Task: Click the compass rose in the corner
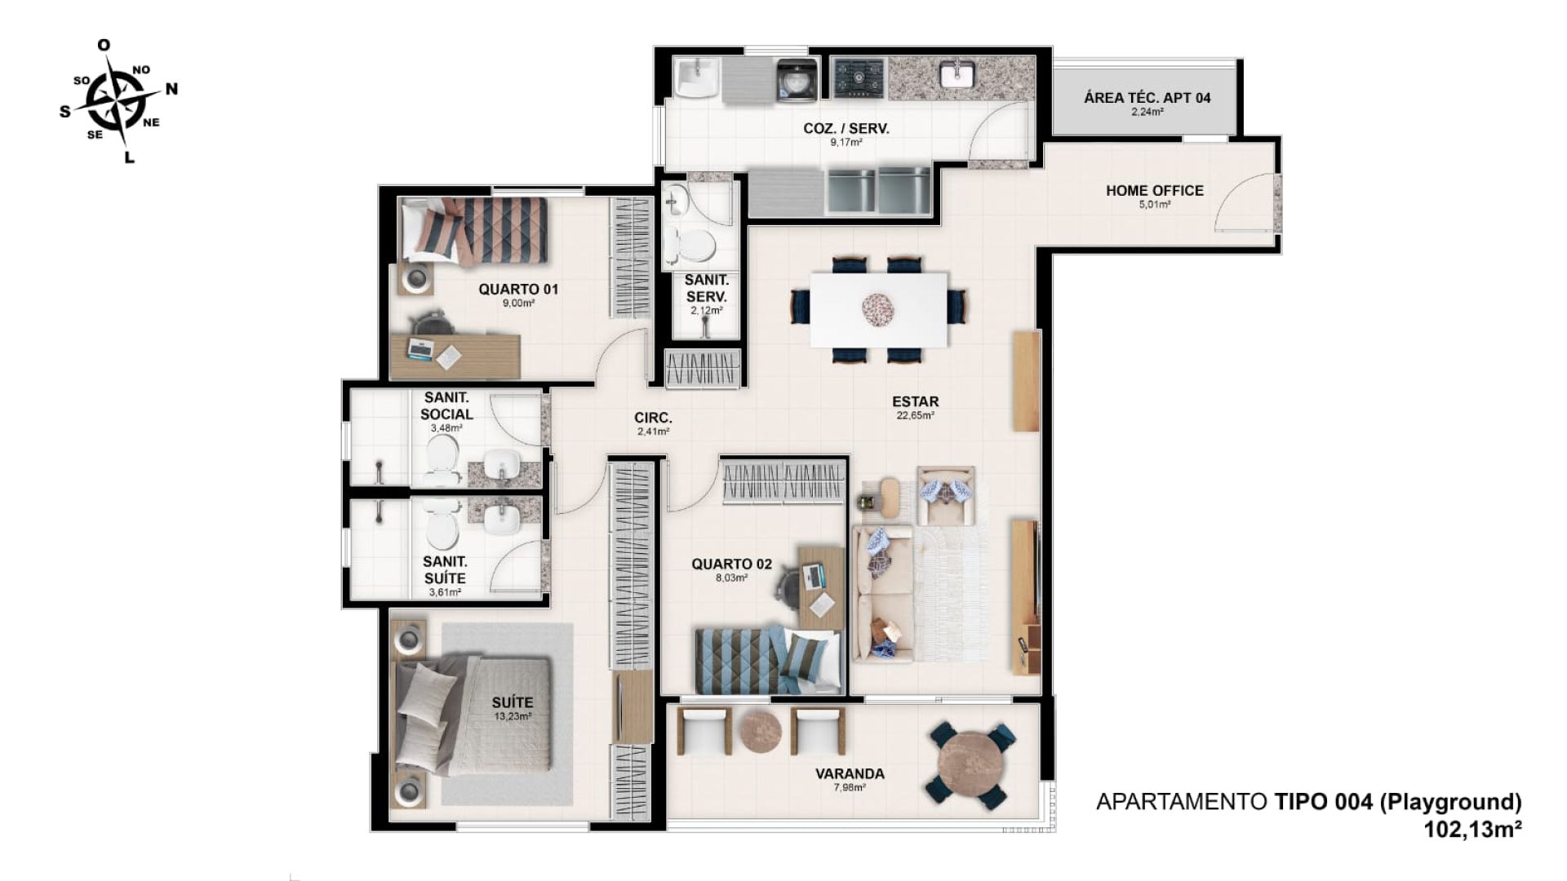click(119, 100)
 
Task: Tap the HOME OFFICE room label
click(1154, 190)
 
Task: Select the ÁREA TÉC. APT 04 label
click(1147, 98)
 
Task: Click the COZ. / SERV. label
click(846, 128)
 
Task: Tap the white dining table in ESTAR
click(879, 309)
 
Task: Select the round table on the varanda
click(970, 766)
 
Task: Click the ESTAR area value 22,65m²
click(915, 415)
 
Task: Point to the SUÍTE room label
click(513, 702)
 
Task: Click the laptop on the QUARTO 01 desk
click(420, 348)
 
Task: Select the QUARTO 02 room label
click(731, 564)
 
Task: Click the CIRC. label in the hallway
click(653, 418)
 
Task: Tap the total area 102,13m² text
click(1472, 830)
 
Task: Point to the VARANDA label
click(850, 773)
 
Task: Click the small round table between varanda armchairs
click(761, 731)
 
